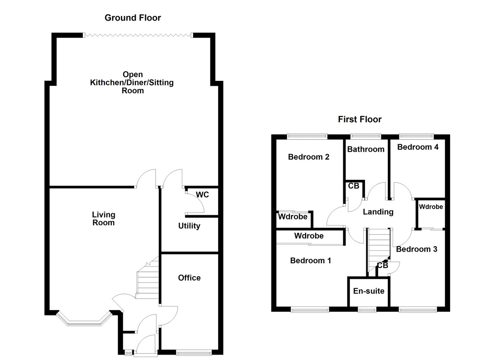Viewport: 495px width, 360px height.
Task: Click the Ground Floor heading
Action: point(132,18)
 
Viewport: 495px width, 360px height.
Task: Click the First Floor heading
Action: point(360,120)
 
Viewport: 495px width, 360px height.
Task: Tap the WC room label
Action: point(202,195)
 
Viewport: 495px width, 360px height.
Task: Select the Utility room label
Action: point(189,226)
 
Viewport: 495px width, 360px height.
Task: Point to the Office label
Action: point(189,278)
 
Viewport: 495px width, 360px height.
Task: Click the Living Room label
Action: point(104,219)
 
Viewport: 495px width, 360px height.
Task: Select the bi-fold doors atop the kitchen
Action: point(138,36)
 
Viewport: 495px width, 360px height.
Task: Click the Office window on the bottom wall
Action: point(194,353)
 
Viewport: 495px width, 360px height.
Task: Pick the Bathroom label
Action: point(365,149)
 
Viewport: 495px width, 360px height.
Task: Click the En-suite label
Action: point(369,291)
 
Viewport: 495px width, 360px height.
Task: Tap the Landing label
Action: point(378,212)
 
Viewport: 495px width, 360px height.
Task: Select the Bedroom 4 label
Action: point(418,147)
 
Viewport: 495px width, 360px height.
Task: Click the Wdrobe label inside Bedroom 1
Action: point(309,236)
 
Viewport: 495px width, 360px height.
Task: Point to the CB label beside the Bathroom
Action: point(354,186)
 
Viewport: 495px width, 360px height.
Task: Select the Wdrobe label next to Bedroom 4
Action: point(431,207)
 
